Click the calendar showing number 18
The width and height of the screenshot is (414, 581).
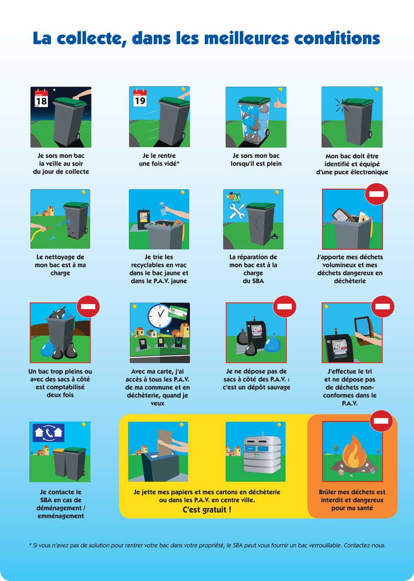(x=41, y=98)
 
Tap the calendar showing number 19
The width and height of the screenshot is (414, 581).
(x=140, y=98)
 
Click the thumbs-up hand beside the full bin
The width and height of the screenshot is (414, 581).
(x=280, y=103)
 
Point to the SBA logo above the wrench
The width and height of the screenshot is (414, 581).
(x=234, y=197)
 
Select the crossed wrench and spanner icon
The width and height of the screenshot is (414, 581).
(x=236, y=211)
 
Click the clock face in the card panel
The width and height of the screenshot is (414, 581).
(x=160, y=316)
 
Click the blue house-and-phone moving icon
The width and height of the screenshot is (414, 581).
(x=48, y=432)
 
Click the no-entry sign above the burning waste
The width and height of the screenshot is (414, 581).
(x=381, y=421)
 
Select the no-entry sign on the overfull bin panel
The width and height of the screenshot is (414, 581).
(x=88, y=306)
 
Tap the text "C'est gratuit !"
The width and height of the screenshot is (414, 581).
(x=207, y=510)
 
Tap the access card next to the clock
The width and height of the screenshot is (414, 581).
(x=179, y=313)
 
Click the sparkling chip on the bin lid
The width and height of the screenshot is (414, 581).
(x=342, y=105)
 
